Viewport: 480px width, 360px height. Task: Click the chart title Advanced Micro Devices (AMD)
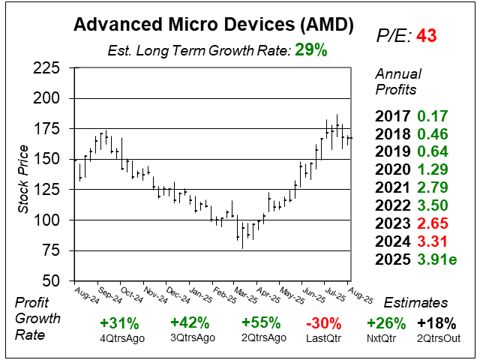(x=213, y=25)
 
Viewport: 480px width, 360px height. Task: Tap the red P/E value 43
(x=427, y=35)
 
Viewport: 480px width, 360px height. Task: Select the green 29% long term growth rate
(x=311, y=50)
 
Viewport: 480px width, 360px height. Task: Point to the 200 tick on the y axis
(x=46, y=98)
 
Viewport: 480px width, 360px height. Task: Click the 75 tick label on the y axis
(x=50, y=250)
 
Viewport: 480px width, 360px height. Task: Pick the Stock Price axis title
(x=23, y=179)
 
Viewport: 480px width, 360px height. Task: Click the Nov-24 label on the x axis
(x=155, y=295)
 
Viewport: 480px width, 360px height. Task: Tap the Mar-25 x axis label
(x=245, y=295)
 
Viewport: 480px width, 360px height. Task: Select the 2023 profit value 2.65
(x=433, y=223)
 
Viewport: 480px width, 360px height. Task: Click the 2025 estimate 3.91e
(x=437, y=259)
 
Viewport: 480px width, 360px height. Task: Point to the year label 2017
(x=392, y=116)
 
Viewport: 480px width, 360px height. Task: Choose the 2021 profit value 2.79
(x=433, y=187)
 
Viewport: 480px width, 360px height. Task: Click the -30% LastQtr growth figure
(x=324, y=323)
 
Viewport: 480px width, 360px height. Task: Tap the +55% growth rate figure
(x=261, y=322)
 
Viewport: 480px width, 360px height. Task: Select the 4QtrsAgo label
(x=122, y=339)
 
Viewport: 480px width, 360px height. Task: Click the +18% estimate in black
(x=436, y=323)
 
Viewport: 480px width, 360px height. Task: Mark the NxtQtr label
(x=381, y=338)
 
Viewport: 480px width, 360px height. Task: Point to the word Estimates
(x=415, y=303)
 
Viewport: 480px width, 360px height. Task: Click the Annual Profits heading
(x=398, y=82)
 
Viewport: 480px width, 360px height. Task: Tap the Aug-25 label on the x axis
(x=361, y=295)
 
